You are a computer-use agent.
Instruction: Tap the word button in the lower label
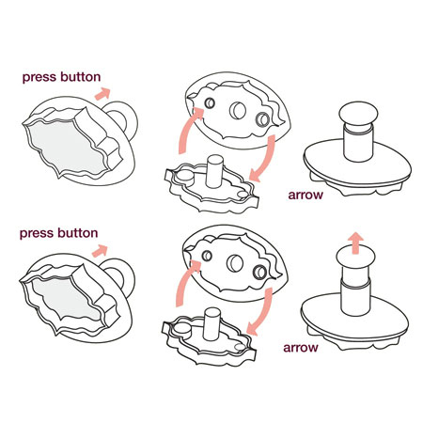[78, 233]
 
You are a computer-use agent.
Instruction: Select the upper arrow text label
[305, 195]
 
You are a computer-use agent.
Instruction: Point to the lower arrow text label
[301, 348]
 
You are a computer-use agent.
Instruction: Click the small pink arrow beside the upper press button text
[102, 94]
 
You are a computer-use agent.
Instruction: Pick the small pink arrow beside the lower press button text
[100, 250]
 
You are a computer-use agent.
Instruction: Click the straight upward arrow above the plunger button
[355, 243]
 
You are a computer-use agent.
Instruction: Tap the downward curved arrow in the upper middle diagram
[265, 158]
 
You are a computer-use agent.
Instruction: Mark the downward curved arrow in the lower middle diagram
[261, 312]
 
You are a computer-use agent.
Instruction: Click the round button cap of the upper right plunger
[358, 113]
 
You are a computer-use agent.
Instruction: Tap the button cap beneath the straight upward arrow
[355, 258]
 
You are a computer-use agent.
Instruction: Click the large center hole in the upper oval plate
[238, 110]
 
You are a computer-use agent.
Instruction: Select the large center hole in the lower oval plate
[235, 263]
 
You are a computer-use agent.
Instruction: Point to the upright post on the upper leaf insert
[214, 171]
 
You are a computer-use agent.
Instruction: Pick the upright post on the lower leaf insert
[211, 324]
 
